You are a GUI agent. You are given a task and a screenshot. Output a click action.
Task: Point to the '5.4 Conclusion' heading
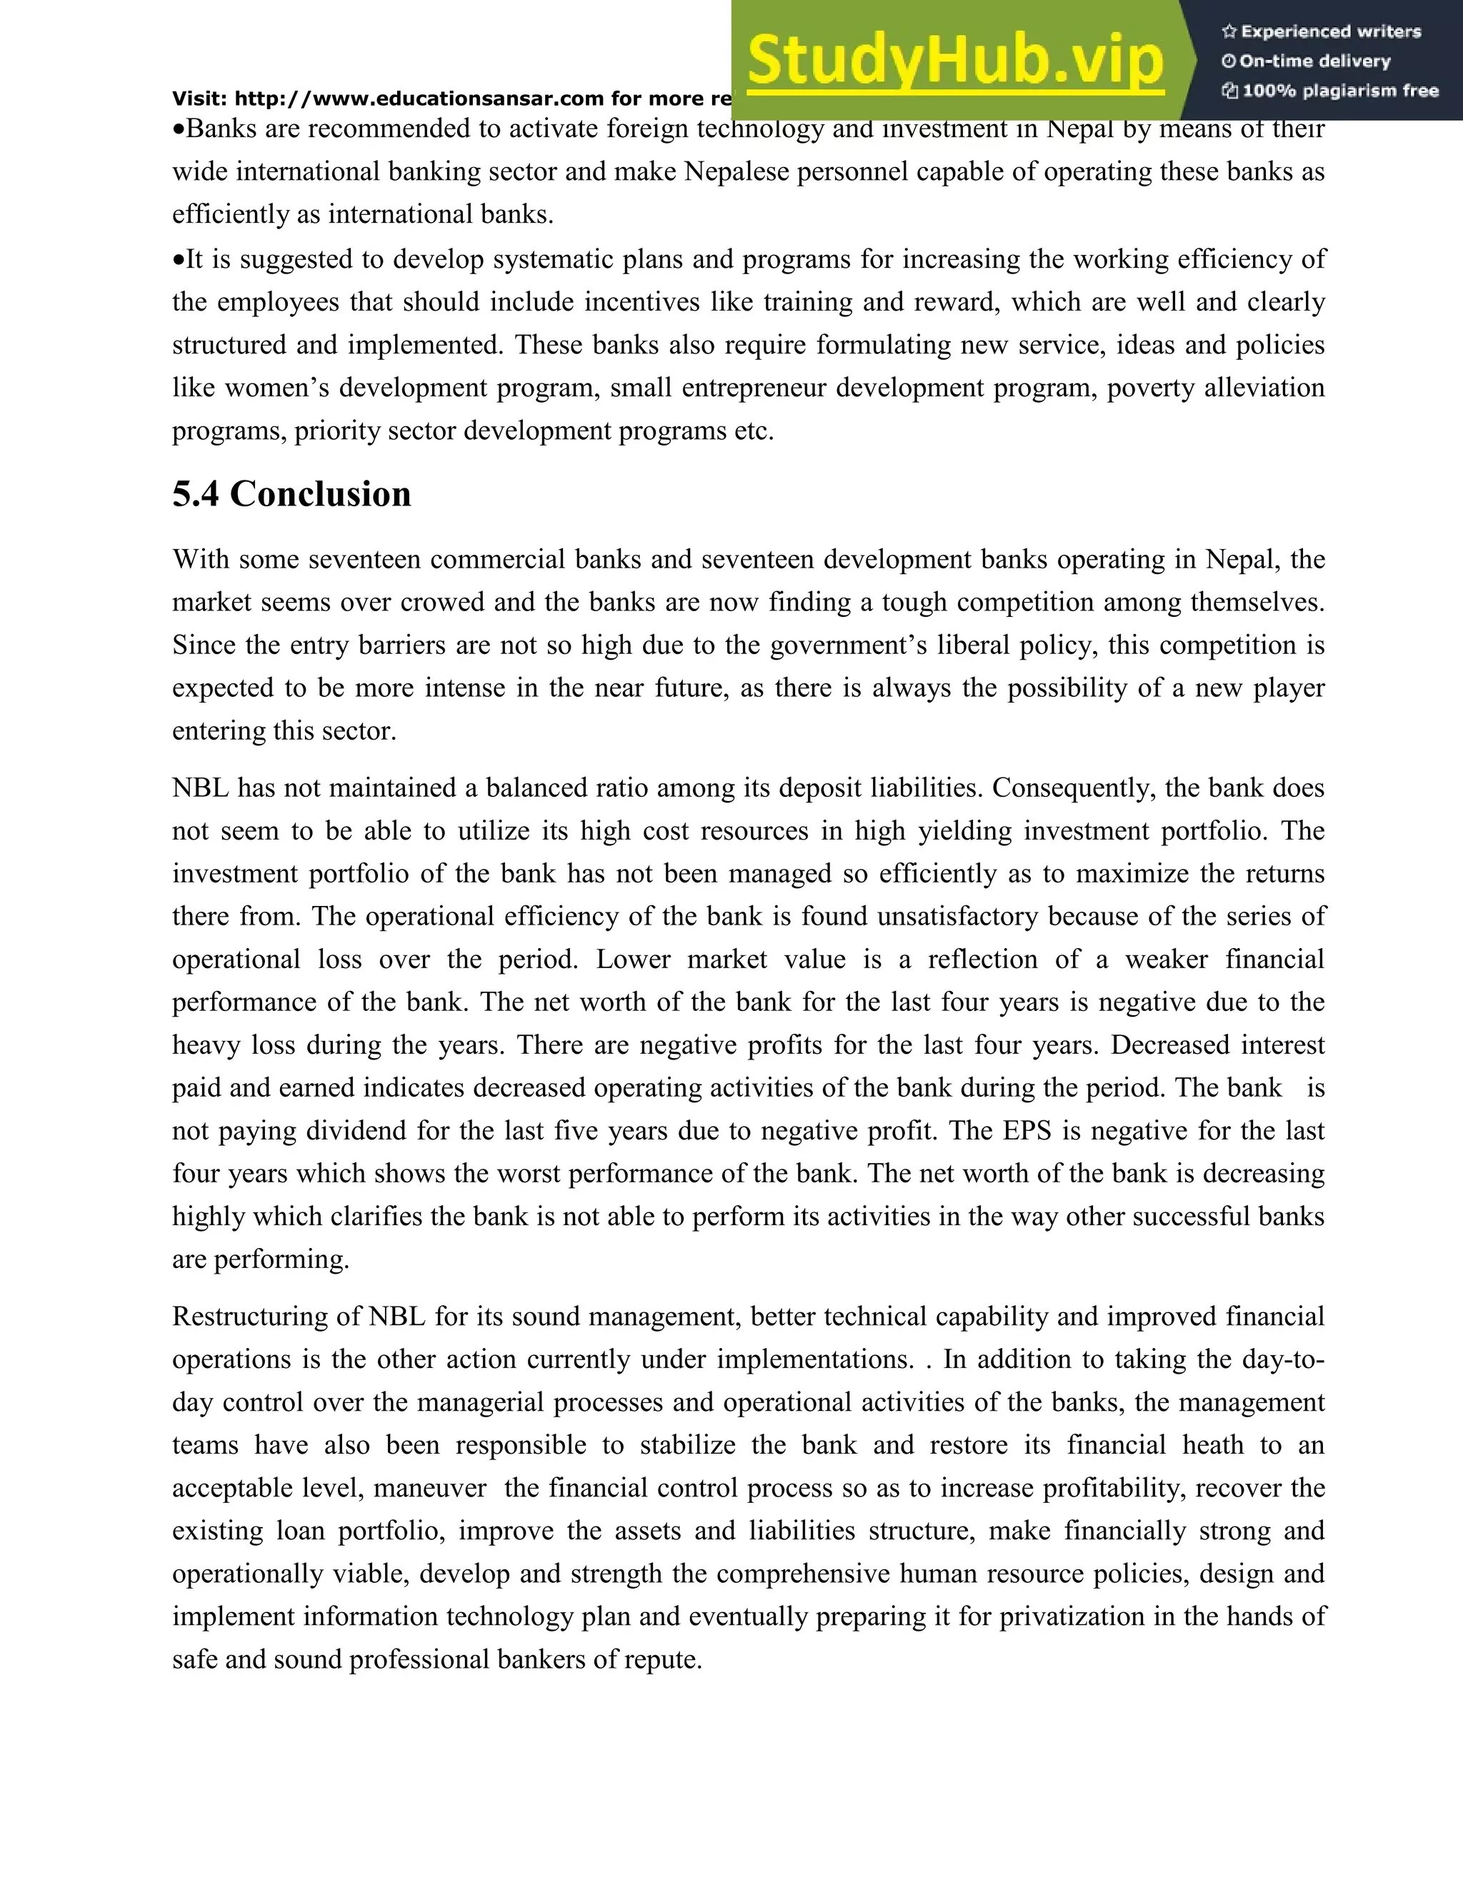click(x=291, y=495)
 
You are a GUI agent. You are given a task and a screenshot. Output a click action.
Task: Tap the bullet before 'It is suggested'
click(x=179, y=260)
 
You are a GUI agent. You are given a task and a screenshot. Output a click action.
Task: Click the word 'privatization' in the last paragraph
click(x=1072, y=1616)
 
